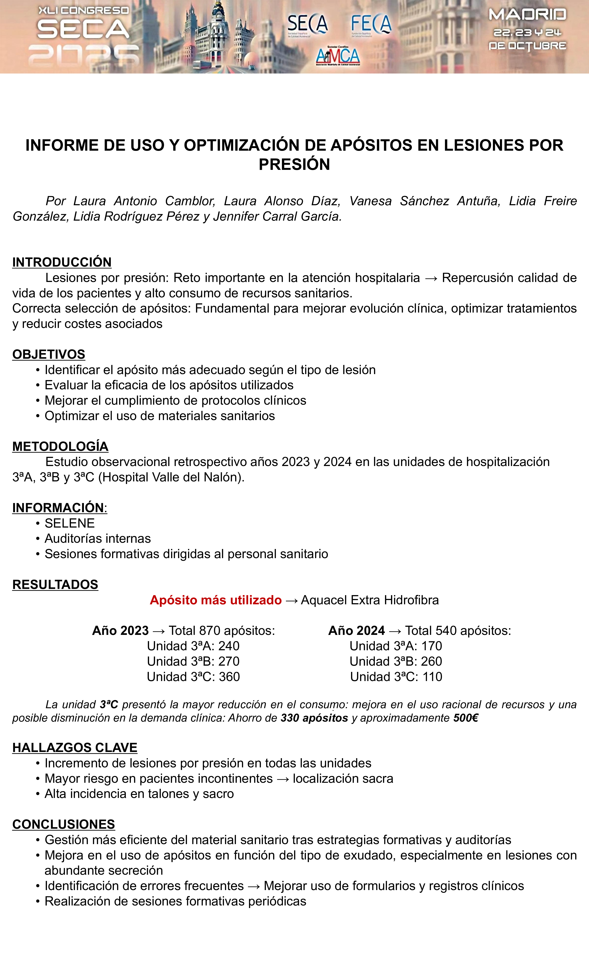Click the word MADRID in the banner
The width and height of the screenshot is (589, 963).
click(x=527, y=15)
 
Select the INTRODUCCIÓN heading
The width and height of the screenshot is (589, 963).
click(x=62, y=262)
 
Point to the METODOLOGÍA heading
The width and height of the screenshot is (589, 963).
click(x=60, y=446)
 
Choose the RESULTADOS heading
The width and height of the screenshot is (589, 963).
click(x=55, y=585)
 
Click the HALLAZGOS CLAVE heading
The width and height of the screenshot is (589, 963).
click(x=75, y=748)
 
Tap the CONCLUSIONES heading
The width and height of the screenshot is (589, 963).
click(x=63, y=824)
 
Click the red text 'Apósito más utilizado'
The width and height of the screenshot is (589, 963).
click(x=215, y=600)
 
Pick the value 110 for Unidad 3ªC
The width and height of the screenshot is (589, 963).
click(x=432, y=676)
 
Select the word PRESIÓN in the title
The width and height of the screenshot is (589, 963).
click(x=294, y=164)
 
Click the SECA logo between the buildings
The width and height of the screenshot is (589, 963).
click(x=308, y=25)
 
